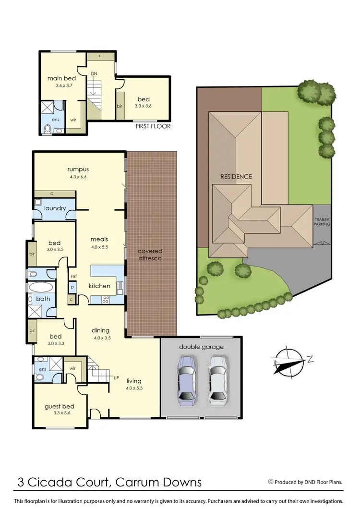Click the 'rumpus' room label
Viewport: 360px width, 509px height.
pyautogui.click(x=78, y=169)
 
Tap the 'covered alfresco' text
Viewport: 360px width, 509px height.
pyautogui.click(x=150, y=254)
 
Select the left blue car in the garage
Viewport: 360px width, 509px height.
pyautogui.click(x=186, y=379)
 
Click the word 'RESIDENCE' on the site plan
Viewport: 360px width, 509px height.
pyautogui.click(x=236, y=176)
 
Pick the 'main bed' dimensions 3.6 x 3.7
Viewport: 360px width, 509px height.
pyautogui.click(x=60, y=86)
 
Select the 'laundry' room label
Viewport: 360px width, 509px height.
pyautogui.click(x=55, y=209)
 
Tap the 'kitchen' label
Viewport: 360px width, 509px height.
pyautogui.click(x=99, y=286)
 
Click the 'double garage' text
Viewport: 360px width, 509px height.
pyautogui.click(x=201, y=347)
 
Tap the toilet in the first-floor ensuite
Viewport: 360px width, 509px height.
pyautogui.click(x=48, y=128)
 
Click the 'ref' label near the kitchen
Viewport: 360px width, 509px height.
pyautogui.click(x=73, y=276)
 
